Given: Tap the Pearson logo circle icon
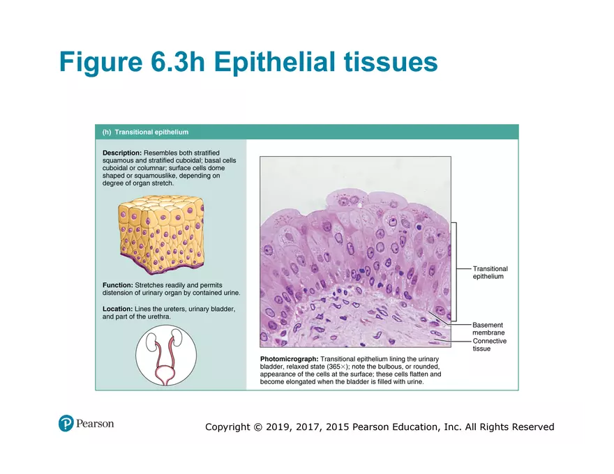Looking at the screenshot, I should point(66,423).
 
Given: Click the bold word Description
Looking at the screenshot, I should point(122,153).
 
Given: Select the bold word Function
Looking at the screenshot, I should point(117,285).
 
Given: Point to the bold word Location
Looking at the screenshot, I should point(117,308).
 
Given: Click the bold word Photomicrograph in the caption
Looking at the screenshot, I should point(289,359).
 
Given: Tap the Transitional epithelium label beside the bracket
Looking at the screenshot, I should point(490,273).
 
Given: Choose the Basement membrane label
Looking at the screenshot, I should point(488,329).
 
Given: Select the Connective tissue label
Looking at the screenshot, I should point(489,345).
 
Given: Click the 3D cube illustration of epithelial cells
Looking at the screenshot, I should point(160,234).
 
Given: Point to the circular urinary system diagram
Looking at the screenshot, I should point(165,355).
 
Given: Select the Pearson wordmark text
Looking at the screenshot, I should point(95,423).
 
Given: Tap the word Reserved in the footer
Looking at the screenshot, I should point(533,427).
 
